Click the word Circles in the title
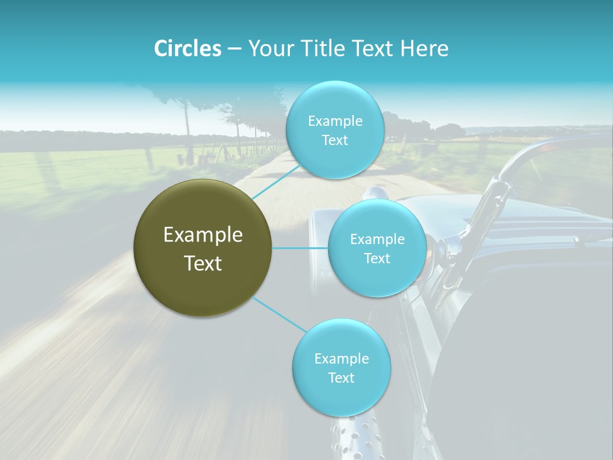(187, 49)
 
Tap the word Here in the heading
(424, 49)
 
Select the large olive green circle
(203, 248)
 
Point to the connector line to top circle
(278, 181)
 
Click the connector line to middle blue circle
(300, 248)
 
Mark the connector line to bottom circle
(280, 314)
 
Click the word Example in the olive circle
(203, 235)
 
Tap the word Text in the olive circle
(203, 263)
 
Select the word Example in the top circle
(335, 121)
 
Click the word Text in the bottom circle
(341, 378)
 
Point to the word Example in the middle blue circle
(377, 239)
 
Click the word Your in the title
(268, 49)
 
